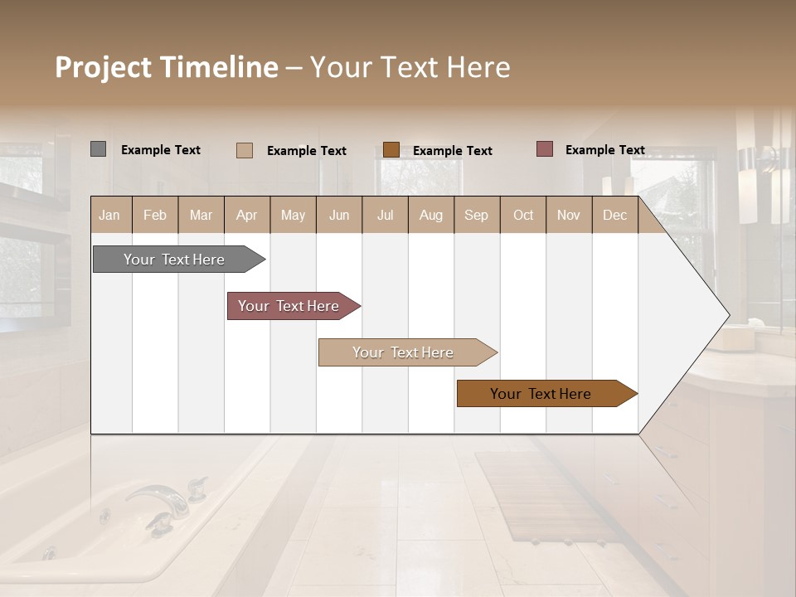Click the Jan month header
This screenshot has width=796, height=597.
tap(109, 215)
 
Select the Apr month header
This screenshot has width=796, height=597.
tap(246, 215)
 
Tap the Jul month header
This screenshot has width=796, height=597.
tap(385, 215)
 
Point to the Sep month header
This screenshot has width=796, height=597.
tap(476, 215)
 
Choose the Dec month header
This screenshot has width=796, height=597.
tap(614, 215)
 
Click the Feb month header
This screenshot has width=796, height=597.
tap(155, 215)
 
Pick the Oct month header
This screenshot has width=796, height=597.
tap(523, 215)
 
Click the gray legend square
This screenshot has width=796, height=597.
tap(98, 149)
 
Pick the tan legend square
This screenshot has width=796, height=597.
tap(245, 150)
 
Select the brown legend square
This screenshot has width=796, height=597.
tap(391, 150)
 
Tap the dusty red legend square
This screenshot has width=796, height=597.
tap(545, 149)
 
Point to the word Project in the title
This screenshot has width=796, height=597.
tap(103, 67)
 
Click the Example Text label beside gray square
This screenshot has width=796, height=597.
tap(161, 150)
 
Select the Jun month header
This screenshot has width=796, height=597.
tap(339, 215)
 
